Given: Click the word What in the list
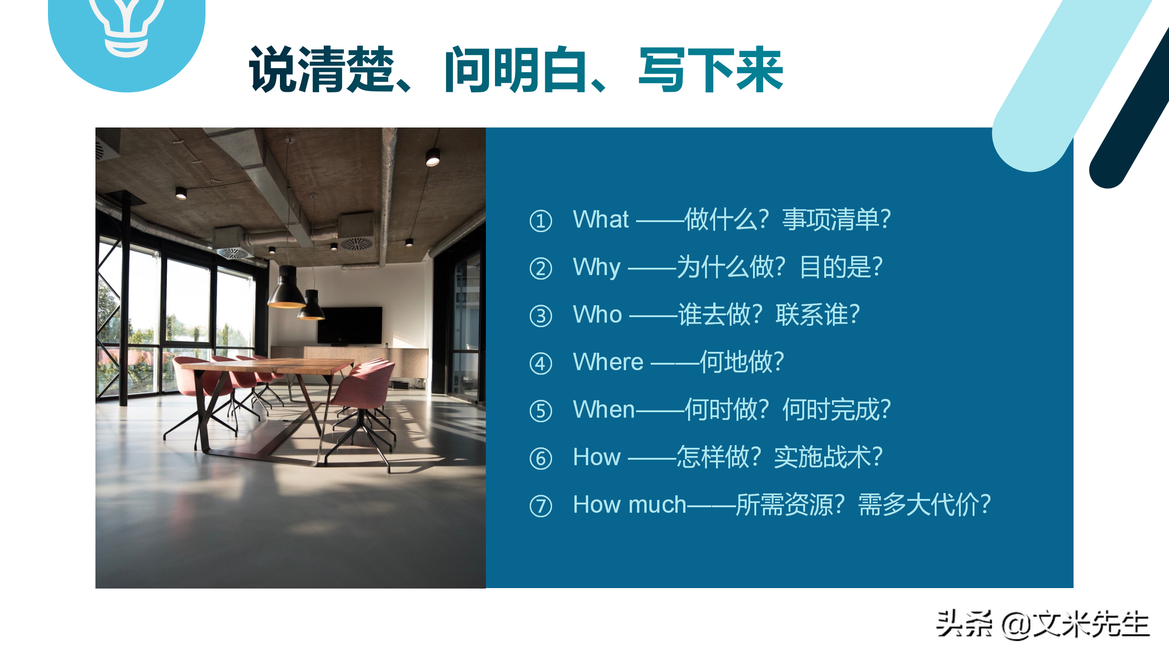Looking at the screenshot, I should click(x=600, y=219).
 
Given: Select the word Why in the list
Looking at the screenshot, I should click(x=596, y=267).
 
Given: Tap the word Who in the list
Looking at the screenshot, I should click(x=597, y=314).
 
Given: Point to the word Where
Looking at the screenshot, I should click(x=608, y=362).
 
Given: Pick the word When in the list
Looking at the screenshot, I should click(x=604, y=409).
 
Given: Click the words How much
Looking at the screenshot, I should click(x=629, y=504).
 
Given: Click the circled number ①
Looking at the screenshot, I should click(x=541, y=221).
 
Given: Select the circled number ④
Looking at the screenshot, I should click(x=541, y=364).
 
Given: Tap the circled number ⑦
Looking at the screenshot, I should click(x=541, y=506).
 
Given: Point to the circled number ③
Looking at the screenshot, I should click(x=541, y=316).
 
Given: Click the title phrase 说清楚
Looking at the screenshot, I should click(x=321, y=69).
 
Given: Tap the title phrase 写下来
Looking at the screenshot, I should click(x=711, y=69).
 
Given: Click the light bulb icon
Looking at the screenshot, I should click(x=126, y=25).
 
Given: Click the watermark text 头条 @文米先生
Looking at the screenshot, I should click(x=1042, y=624).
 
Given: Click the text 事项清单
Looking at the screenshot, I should click(x=831, y=219).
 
